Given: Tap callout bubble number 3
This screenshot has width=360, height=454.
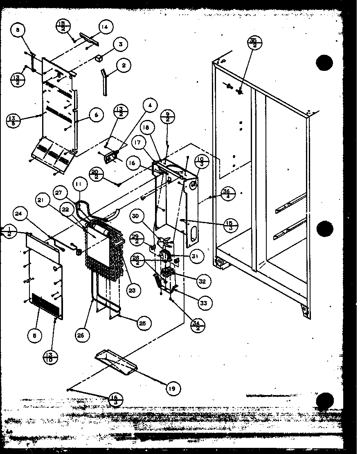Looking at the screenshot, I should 121,44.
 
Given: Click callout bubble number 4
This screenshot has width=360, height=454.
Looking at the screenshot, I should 150,106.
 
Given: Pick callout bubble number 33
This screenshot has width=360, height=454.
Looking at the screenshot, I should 203,303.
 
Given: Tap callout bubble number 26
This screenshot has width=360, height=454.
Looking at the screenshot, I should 82,335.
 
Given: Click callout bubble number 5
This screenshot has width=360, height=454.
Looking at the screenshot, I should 35,336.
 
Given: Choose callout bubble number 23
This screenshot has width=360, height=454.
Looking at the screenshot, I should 134,290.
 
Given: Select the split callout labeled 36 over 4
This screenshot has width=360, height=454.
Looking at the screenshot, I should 228,193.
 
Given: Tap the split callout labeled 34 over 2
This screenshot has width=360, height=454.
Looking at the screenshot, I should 198,325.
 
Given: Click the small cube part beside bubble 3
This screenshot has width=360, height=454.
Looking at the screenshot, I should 99,58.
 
